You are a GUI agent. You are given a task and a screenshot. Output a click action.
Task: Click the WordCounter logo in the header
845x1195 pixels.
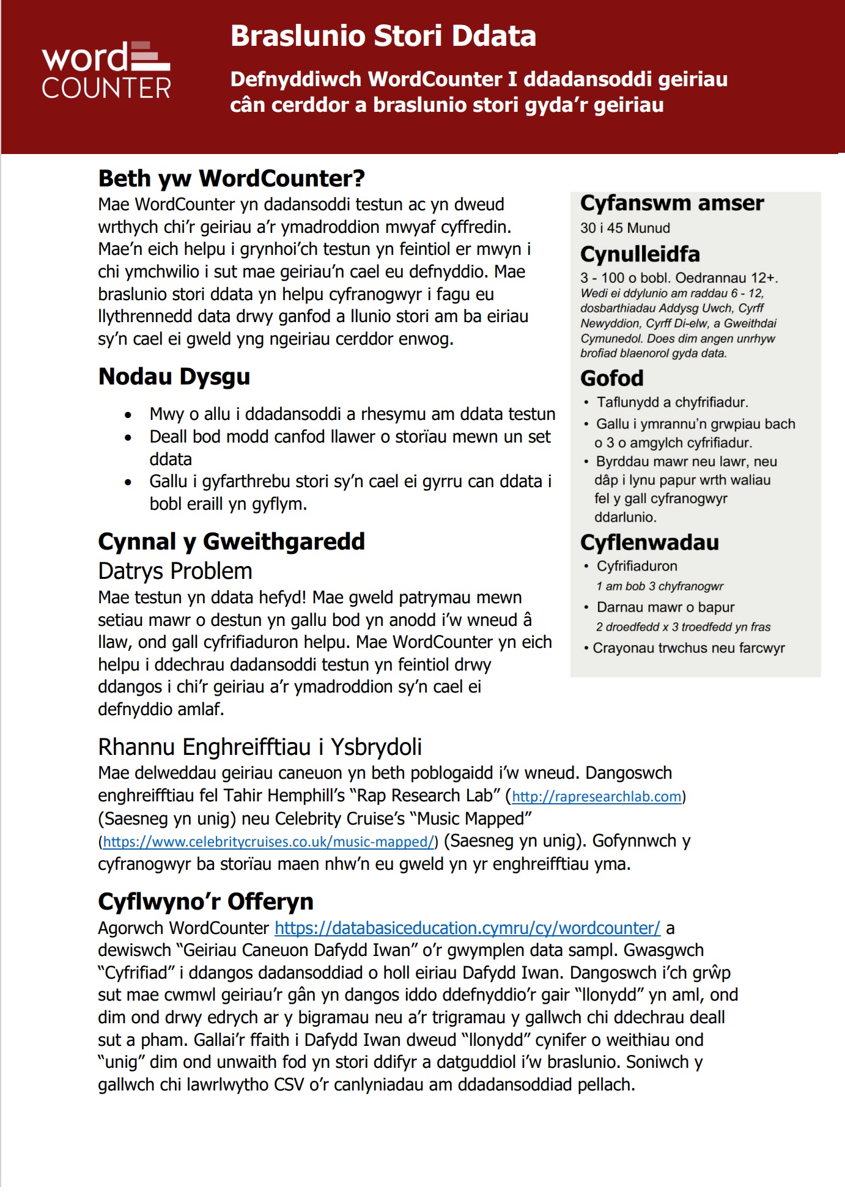(106, 70)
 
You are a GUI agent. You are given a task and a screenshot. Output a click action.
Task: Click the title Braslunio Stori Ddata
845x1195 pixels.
(383, 36)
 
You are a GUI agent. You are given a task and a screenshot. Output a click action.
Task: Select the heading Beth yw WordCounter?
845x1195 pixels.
(231, 178)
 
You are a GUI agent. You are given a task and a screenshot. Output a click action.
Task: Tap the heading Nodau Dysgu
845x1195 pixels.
(174, 377)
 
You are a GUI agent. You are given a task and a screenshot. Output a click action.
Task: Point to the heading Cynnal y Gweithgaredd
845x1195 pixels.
(231, 542)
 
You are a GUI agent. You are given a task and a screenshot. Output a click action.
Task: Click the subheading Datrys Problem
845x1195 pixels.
(175, 571)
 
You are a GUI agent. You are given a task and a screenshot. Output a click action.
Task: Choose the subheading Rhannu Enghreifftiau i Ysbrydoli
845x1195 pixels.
(260, 747)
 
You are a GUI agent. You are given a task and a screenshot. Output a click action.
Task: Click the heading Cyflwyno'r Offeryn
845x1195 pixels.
(205, 902)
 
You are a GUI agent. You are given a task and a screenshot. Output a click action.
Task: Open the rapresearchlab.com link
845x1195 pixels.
(596, 796)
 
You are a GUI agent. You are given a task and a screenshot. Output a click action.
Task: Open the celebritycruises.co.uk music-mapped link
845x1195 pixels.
(268, 842)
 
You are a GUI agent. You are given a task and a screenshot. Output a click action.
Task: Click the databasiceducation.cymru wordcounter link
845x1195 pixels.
(467, 928)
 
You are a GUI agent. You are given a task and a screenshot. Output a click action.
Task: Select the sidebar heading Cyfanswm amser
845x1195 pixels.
(672, 203)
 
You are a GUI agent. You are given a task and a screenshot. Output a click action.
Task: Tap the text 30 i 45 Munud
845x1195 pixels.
(625, 228)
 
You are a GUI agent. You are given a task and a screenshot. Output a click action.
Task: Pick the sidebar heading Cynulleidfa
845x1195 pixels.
(640, 254)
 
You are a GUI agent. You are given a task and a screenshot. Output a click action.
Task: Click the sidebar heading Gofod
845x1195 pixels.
(611, 378)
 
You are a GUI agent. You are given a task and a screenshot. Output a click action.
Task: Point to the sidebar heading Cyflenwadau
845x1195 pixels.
(649, 542)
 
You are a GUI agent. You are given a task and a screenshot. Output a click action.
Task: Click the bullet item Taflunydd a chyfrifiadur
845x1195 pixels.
(672, 402)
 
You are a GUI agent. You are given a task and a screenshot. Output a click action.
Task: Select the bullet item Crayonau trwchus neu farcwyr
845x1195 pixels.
(688, 648)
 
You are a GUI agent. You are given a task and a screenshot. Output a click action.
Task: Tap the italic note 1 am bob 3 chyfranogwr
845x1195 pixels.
(660, 586)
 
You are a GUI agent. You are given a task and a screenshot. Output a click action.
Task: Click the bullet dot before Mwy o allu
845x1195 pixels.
(128, 415)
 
